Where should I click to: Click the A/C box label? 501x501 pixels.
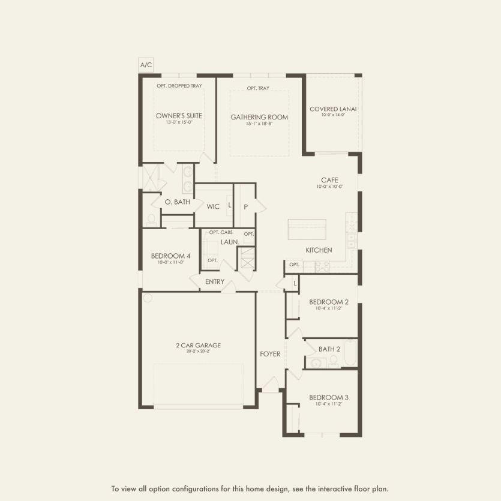[146, 64]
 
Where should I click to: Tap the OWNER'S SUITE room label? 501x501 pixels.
[179, 116]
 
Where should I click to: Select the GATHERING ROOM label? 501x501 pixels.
[259, 117]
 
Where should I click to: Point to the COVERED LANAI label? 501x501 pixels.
[333, 109]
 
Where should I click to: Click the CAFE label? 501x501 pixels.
[329, 180]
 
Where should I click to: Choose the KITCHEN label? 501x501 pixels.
[319, 250]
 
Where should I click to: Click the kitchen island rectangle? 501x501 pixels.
[306, 229]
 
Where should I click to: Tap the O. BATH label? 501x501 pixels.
[177, 202]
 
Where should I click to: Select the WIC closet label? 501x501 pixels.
[213, 206]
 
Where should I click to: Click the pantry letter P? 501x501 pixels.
[245, 206]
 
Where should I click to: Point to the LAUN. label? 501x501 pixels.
[230, 242]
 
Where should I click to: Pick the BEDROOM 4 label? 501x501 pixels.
[170, 256]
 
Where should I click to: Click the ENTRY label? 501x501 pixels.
[215, 281]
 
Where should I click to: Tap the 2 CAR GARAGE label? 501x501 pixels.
[198, 345]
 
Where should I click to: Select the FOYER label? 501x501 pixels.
[270, 354]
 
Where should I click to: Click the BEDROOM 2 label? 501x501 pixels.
[329, 302]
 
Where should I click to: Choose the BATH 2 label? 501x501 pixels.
[329, 349]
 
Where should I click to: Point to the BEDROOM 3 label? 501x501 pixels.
[329, 397]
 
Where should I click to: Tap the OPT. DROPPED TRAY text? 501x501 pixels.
[179, 86]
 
